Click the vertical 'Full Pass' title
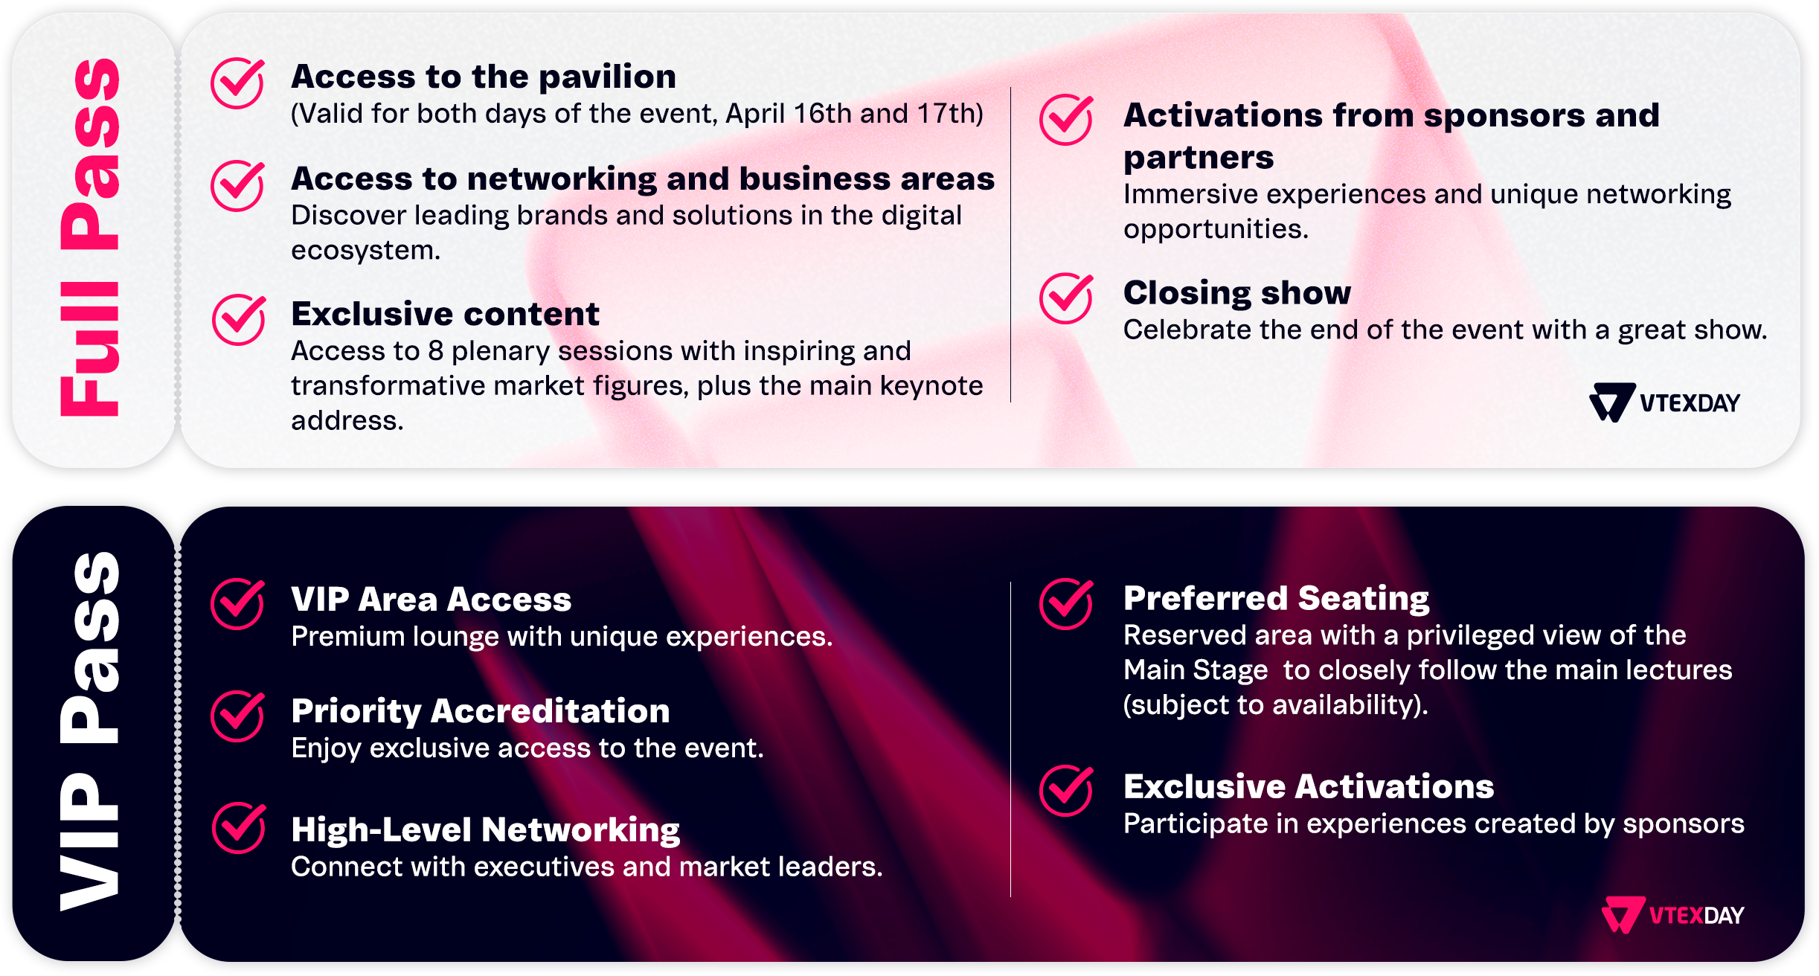(x=90, y=237)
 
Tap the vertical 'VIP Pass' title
(x=90, y=731)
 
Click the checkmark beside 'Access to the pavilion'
(x=237, y=83)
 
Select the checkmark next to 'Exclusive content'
(x=239, y=320)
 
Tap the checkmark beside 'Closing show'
(x=1067, y=298)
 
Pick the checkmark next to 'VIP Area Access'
(x=237, y=604)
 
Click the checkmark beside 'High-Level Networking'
(x=239, y=827)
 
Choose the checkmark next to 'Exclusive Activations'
(x=1067, y=790)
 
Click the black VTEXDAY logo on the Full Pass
(x=1665, y=402)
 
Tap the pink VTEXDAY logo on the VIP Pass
(x=1673, y=914)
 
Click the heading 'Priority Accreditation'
(x=481, y=711)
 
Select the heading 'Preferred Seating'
(x=1277, y=599)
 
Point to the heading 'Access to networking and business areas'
(x=643, y=179)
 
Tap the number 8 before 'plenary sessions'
(x=436, y=351)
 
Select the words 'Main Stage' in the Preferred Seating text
(x=1196, y=670)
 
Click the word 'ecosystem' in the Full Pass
(x=365, y=251)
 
